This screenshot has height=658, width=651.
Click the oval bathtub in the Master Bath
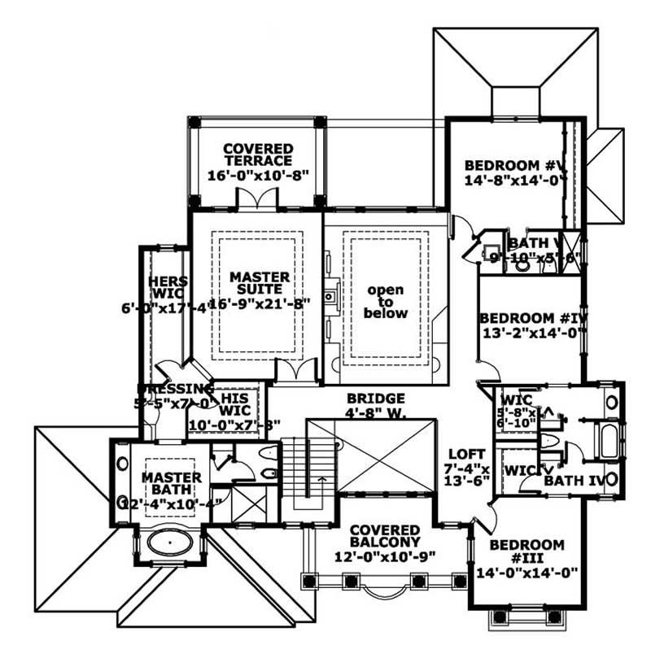point(170,539)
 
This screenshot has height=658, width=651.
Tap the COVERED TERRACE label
point(258,155)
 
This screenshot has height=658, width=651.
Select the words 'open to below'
point(386,301)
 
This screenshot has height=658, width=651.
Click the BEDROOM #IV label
point(533,318)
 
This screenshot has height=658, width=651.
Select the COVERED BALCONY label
point(386,536)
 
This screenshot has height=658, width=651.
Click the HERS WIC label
point(168,288)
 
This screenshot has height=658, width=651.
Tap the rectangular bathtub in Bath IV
point(607,438)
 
